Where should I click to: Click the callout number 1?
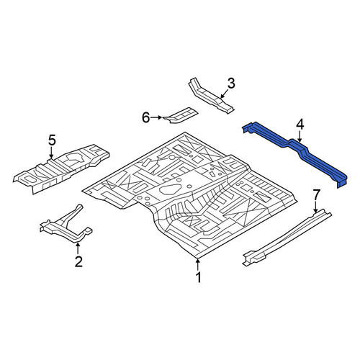pos(198,278)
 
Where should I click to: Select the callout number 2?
pos(78,261)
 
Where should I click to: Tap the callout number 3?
pos(231,84)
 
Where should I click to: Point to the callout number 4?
pos(300,125)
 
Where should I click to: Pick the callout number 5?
pos(52,140)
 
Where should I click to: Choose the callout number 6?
pos(146,117)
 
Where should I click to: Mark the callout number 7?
pos(316,194)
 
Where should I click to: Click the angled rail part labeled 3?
pos(210,96)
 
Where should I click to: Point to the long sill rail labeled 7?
pos(287,238)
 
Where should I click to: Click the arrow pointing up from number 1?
pos(198,264)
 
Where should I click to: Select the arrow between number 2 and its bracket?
pos(78,248)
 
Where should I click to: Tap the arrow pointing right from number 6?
pos(156,117)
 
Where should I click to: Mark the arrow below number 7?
pos(315,207)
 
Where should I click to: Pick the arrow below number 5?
pos(51,153)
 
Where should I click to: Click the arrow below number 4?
pos(300,137)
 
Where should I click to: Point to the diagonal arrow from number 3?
pos(224,94)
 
